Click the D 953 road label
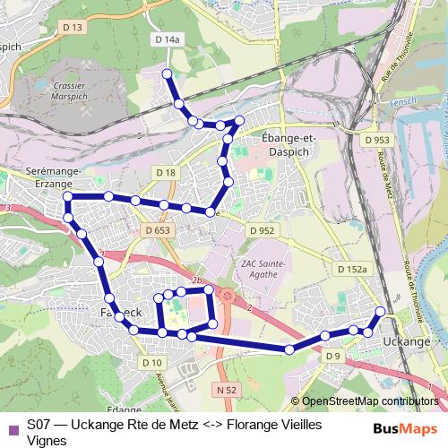click(377, 141)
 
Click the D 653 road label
click(157, 230)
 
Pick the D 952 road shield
click(261, 230)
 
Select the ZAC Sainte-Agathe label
click(265, 269)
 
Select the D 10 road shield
click(151, 362)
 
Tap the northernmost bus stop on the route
click(166, 73)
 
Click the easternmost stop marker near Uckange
click(380, 312)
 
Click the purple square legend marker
click(12, 425)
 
